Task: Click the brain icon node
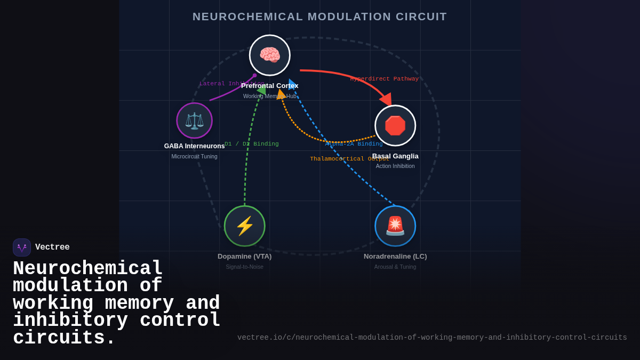[x=270, y=55]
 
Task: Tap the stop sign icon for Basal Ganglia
[x=395, y=126]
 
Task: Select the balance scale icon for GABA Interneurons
[x=195, y=121]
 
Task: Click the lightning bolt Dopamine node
[x=245, y=226]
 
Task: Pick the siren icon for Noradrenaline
[x=395, y=226]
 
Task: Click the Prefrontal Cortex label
[x=270, y=86]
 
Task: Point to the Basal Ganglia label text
[x=395, y=156]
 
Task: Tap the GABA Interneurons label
[x=194, y=146]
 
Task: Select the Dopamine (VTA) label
[x=245, y=257]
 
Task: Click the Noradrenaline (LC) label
[x=395, y=257]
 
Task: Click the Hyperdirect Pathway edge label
[x=385, y=79]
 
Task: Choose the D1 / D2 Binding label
[x=252, y=144]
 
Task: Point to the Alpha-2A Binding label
[x=354, y=144]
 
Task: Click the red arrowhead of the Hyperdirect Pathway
[x=386, y=99]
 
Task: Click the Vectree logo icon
[x=22, y=247]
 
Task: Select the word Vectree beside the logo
[x=52, y=247]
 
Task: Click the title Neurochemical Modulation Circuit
[x=320, y=17]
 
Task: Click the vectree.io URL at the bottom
[x=432, y=338]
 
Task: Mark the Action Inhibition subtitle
[x=395, y=166]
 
